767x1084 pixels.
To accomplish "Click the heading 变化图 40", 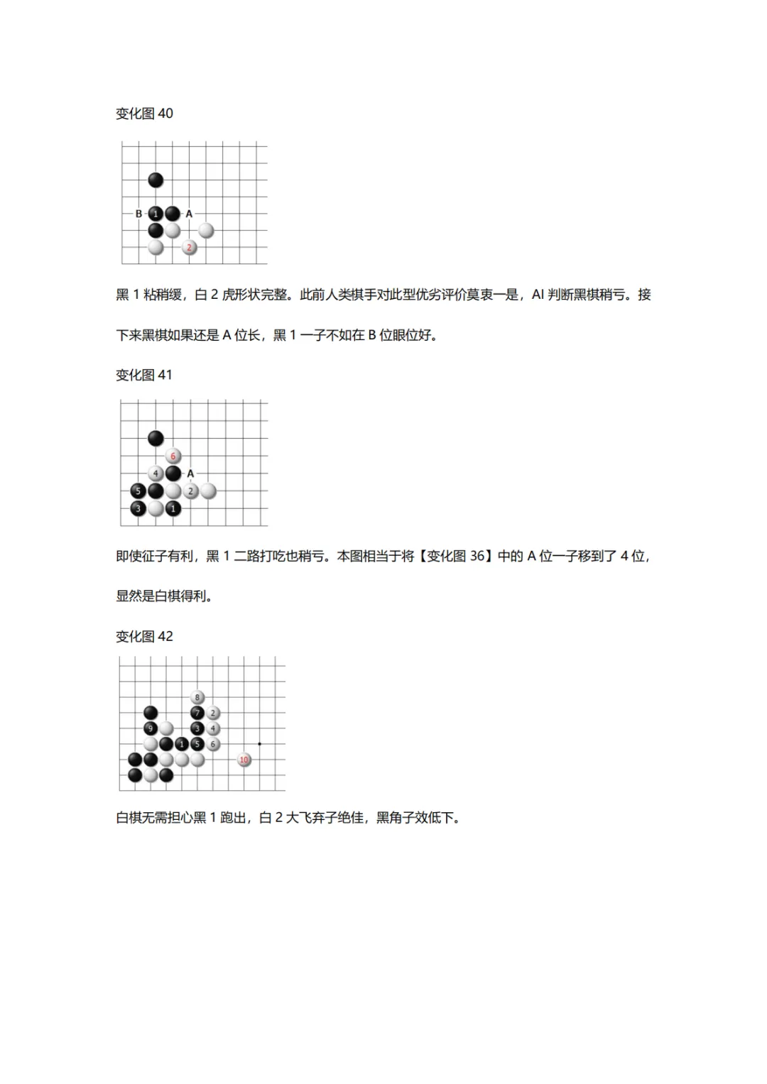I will click(x=144, y=114).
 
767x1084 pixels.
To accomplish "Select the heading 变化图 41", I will click(x=144, y=375).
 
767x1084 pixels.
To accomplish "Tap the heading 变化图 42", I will click(x=144, y=636).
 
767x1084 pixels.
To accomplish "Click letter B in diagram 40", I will click(x=138, y=214).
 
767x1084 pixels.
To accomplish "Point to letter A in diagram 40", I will click(x=189, y=214).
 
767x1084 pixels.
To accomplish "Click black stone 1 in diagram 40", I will click(x=156, y=214).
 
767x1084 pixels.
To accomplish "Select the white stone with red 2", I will click(x=189, y=248).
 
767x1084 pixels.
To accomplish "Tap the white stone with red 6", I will click(x=173, y=456).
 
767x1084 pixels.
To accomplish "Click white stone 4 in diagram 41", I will click(x=156, y=473).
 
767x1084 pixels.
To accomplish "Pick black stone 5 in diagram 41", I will click(x=138, y=491).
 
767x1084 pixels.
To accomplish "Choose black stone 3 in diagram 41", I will click(x=138, y=508).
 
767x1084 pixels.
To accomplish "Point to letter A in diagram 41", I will click(x=190, y=473).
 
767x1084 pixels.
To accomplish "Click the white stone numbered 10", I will click(x=244, y=760).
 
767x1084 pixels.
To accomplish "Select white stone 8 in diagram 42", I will click(x=197, y=697).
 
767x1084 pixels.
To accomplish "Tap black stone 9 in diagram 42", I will click(x=151, y=728).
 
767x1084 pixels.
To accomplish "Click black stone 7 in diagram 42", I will click(x=197, y=713).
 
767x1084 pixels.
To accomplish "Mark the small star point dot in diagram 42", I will click(x=260, y=744).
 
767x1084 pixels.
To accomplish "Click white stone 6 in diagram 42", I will click(x=213, y=744).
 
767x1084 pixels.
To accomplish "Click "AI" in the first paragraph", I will click(x=538, y=295).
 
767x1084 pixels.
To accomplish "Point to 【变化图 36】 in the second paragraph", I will click(x=455, y=556).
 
